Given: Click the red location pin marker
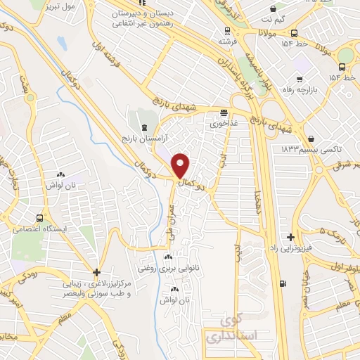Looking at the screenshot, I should coord(181,165).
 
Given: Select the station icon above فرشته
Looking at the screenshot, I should coord(226,31).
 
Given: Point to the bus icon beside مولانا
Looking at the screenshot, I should coord(293,32).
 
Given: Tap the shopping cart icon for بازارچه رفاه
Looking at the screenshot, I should coord(300,79).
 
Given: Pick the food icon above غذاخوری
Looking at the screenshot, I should coord(224,112).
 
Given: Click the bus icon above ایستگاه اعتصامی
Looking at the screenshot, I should coord(39,218).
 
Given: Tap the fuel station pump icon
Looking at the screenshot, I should coord(283,284).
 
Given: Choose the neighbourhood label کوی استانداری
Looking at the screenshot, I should coord(236,328).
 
